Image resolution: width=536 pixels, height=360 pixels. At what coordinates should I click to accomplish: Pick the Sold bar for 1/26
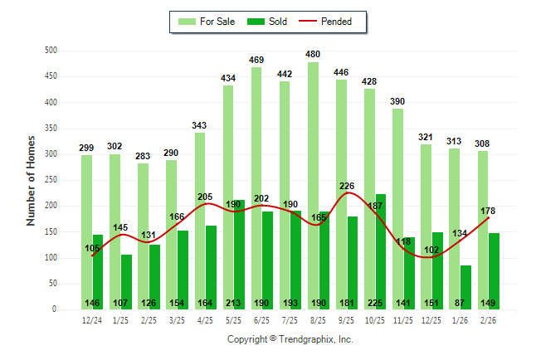[466, 287]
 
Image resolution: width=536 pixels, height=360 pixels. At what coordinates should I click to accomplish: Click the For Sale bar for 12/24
[86, 232]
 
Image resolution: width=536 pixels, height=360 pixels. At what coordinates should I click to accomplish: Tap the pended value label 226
[348, 186]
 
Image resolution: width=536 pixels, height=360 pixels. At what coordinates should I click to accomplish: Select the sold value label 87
[466, 303]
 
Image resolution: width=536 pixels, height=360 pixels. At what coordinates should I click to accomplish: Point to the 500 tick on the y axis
[51, 51]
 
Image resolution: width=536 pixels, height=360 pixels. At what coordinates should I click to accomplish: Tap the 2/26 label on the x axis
[489, 320]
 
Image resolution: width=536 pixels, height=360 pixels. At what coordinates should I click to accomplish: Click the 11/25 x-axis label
[403, 320]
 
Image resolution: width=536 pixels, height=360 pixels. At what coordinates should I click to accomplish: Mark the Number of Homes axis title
[31, 180]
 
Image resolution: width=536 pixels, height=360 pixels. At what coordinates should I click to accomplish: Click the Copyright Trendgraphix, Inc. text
[290, 339]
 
